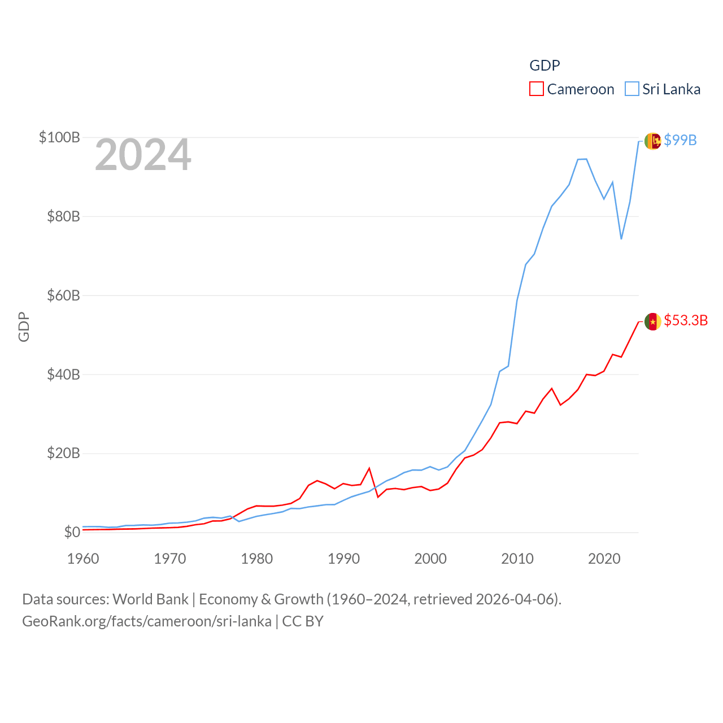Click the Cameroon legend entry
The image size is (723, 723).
point(572,89)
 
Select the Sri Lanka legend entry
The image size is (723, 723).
point(663,89)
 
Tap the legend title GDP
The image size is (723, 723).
point(545,66)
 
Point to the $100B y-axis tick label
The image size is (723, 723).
point(59,137)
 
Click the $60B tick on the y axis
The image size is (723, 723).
point(63,295)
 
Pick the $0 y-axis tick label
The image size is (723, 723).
point(72,532)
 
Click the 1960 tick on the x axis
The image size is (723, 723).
point(83,559)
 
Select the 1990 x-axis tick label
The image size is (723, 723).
point(343,559)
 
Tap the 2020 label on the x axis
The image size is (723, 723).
point(604,559)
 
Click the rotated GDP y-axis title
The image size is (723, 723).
point(24,326)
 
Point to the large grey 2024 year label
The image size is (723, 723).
point(143,155)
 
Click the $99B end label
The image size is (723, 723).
point(680,140)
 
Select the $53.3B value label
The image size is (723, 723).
point(686,320)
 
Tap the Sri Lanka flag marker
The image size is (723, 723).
point(652,141)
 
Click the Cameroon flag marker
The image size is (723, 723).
point(652,321)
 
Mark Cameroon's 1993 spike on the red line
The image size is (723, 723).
point(369,468)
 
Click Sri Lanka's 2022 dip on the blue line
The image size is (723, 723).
point(621,238)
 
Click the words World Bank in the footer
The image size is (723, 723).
point(150,599)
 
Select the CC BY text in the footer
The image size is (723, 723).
point(303,621)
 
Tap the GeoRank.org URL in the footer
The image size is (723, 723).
point(147,621)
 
